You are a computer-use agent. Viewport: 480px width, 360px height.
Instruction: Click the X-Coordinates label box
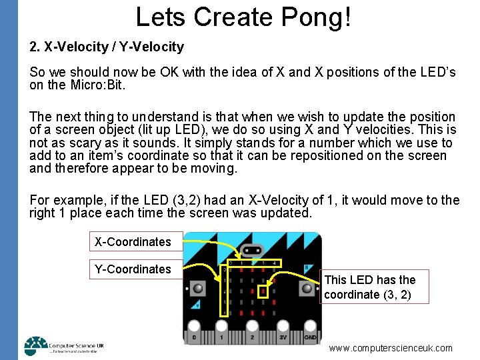point(133,242)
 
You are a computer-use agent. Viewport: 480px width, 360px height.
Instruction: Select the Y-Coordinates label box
point(133,269)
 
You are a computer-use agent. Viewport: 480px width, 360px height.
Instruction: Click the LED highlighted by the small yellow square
point(264,291)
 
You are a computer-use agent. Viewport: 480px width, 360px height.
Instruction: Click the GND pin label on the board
point(310,337)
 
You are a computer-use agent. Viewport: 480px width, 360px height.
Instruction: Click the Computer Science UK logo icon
point(36,345)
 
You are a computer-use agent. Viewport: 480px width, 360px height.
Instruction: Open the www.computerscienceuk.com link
point(391,348)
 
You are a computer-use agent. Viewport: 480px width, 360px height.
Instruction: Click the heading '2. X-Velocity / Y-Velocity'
point(107,47)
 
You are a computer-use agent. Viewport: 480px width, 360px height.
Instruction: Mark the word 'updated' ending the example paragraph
point(287,213)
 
